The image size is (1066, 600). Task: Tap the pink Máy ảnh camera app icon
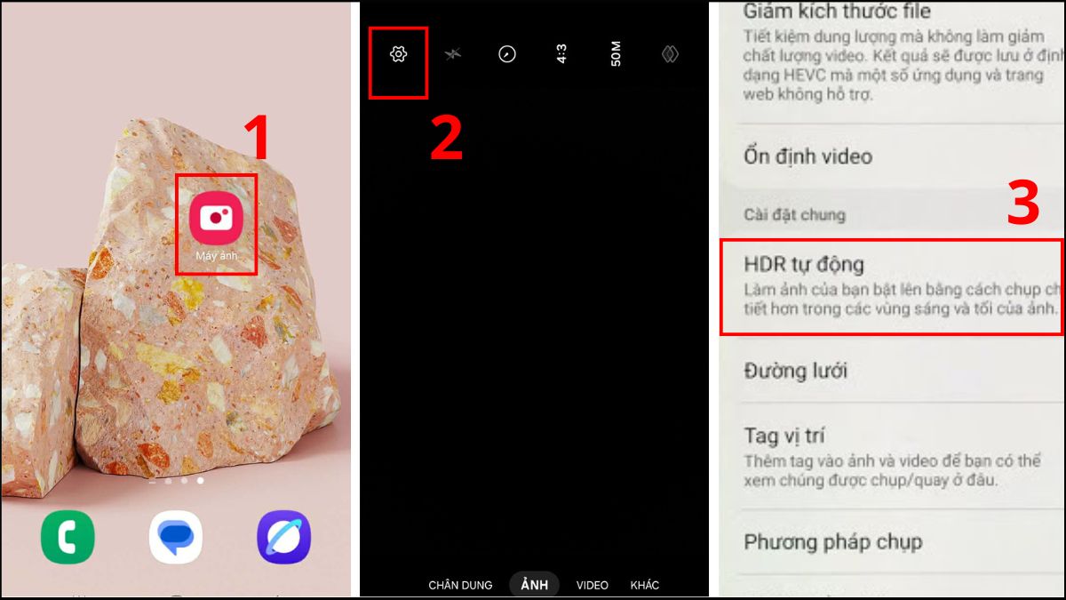[x=216, y=217]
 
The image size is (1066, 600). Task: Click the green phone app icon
[x=68, y=537]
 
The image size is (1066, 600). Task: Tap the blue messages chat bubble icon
[x=176, y=537]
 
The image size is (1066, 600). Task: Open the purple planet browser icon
[x=283, y=537]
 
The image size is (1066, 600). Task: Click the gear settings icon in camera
[x=398, y=55]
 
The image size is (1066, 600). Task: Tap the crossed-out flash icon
[x=453, y=55]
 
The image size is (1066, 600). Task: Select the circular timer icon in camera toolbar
[x=507, y=55]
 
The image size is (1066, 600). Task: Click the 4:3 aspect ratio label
[x=562, y=55]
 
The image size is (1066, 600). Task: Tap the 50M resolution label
[x=616, y=55]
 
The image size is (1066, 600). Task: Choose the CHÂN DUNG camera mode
[x=460, y=585]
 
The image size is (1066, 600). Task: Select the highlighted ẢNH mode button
[x=535, y=584]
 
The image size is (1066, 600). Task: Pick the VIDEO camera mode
[x=593, y=585]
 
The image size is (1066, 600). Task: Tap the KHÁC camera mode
[x=645, y=585]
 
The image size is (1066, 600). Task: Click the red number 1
[x=257, y=138]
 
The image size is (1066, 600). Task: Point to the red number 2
[x=447, y=139]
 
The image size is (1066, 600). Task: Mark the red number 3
[x=1022, y=204]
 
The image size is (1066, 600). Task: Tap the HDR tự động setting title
[x=803, y=264]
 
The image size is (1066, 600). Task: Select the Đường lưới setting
[x=795, y=371]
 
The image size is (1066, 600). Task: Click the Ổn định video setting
[x=807, y=156]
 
